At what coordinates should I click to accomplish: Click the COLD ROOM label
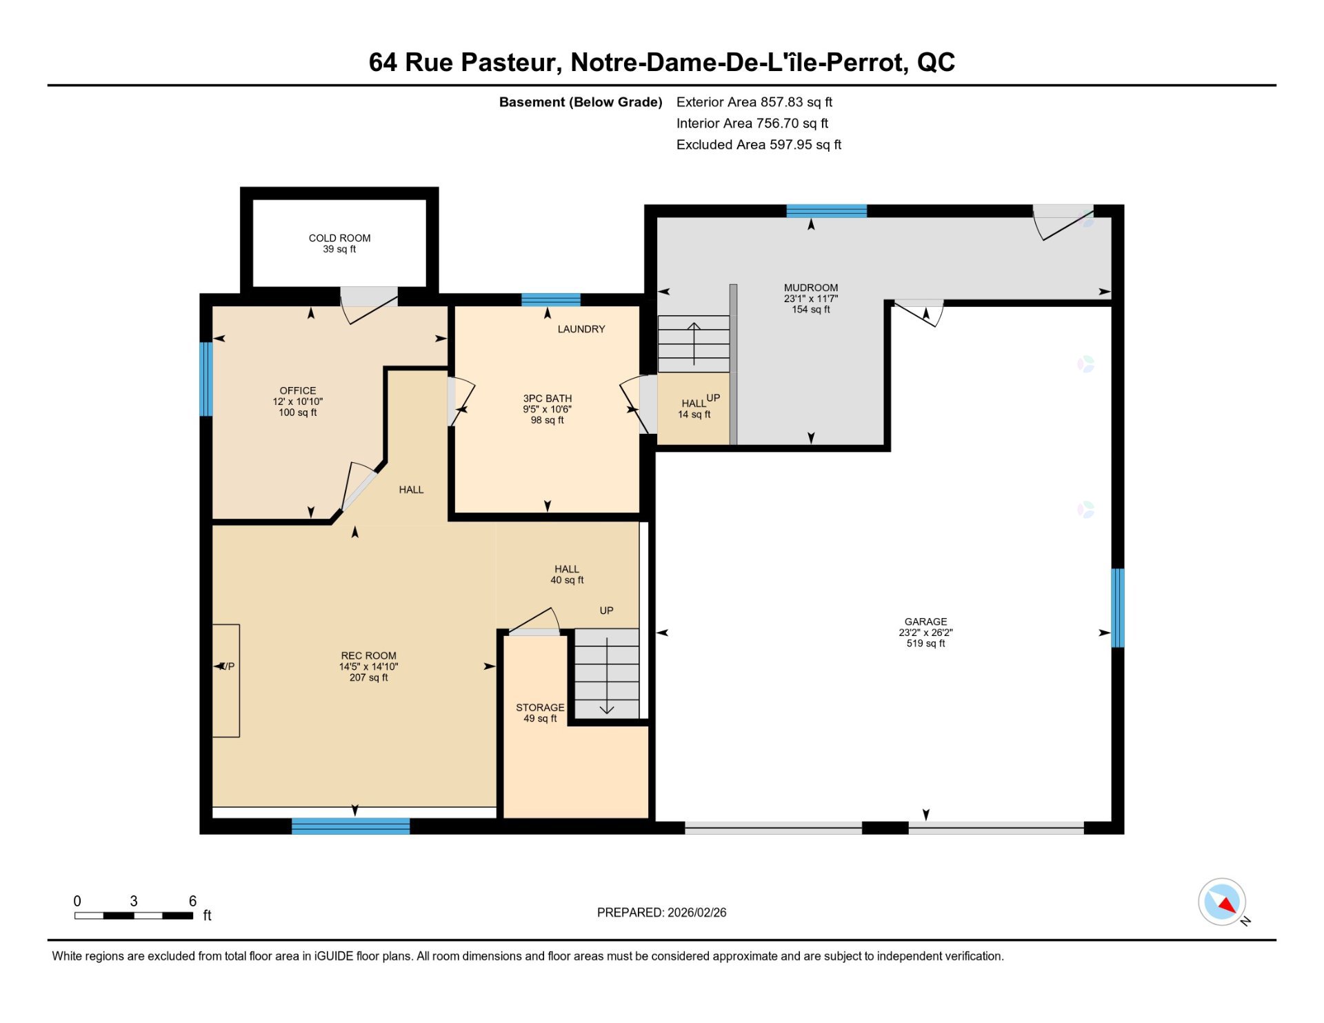coord(339,238)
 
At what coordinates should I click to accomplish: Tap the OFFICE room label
coord(298,390)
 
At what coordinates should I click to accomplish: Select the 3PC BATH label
coord(548,398)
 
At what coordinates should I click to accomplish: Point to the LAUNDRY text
coord(581,329)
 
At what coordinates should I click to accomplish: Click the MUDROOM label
coord(811,288)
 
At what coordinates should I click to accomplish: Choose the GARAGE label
coord(926,622)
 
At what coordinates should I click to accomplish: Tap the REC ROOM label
coord(369,656)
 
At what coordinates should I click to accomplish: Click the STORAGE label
coord(540,708)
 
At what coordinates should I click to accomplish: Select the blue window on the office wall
coord(205,379)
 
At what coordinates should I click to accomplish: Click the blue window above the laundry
coord(551,299)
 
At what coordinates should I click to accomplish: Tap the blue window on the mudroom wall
coord(827,211)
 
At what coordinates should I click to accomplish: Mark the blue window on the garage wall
coord(1118,608)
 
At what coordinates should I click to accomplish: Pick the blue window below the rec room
coord(351,826)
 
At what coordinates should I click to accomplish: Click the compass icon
coord(1222,902)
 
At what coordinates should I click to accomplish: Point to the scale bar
coord(134,915)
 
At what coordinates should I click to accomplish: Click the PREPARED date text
coord(662,913)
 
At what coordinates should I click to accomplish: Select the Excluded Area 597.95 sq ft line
coord(759,145)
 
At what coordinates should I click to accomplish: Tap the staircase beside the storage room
coord(607,673)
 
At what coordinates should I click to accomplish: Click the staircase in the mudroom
coord(694,344)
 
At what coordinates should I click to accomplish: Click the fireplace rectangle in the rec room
coord(226,681)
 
